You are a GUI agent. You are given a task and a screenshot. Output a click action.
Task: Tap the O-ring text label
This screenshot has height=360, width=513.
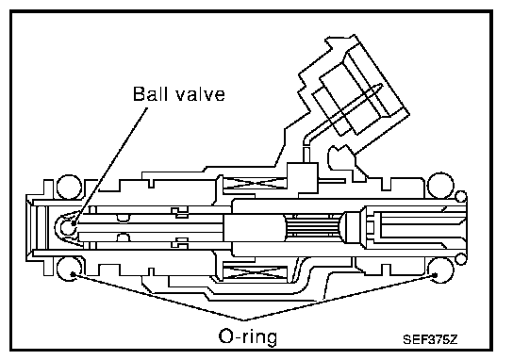tap(248, 336)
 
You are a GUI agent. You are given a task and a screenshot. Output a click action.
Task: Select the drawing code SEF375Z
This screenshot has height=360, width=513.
tap(430, 339)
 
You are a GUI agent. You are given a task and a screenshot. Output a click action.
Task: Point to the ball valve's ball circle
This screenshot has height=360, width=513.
tap(67, 227)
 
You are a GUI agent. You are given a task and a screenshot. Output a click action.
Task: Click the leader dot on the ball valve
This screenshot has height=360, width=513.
tap(74, 223)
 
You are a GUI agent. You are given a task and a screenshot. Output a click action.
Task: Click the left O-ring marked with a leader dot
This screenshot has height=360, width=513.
tap(69, 270)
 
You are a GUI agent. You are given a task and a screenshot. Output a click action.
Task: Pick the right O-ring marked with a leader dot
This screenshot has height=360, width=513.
tap(440, 270)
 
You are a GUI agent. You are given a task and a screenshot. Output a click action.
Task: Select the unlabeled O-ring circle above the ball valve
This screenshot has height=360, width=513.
tap(69, 187)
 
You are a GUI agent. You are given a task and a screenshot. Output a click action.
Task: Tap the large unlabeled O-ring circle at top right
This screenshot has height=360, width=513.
tap(440, 186)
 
